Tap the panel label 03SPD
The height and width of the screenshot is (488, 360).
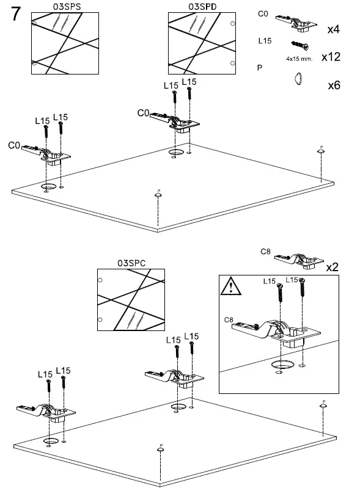[x=202, y=6]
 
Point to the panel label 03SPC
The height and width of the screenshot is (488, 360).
[x=131, y=263]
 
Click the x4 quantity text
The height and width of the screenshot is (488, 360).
[x=334, y=29]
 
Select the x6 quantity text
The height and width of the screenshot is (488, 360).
[x=334, y=85]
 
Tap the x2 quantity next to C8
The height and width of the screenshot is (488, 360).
[x=332, y=268]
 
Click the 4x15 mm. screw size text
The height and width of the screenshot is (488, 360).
[x=299, y=60]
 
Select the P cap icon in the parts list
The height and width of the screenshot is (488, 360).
[x=297, y=78]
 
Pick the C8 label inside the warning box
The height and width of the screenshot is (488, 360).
[x=229, y=319]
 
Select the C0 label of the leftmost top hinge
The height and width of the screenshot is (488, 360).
[x=14, y=145]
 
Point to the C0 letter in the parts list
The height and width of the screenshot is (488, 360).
[x=262, y=13]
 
